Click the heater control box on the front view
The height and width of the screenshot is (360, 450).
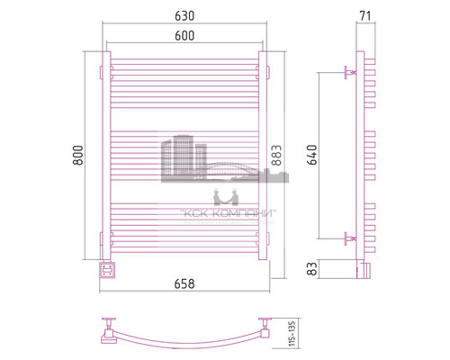[x=108, y=267]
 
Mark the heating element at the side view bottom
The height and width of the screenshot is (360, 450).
[x=364, y=267]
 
